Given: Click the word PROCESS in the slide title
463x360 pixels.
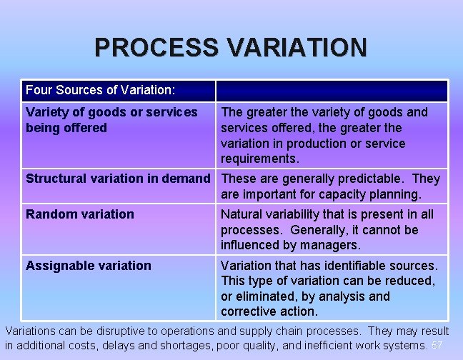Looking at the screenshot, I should click(153, 48).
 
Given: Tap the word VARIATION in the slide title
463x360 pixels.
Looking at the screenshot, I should click(294, 48).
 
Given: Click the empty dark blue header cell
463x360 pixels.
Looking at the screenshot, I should click(332, 91).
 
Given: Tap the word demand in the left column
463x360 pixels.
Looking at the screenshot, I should click(189, 179).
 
